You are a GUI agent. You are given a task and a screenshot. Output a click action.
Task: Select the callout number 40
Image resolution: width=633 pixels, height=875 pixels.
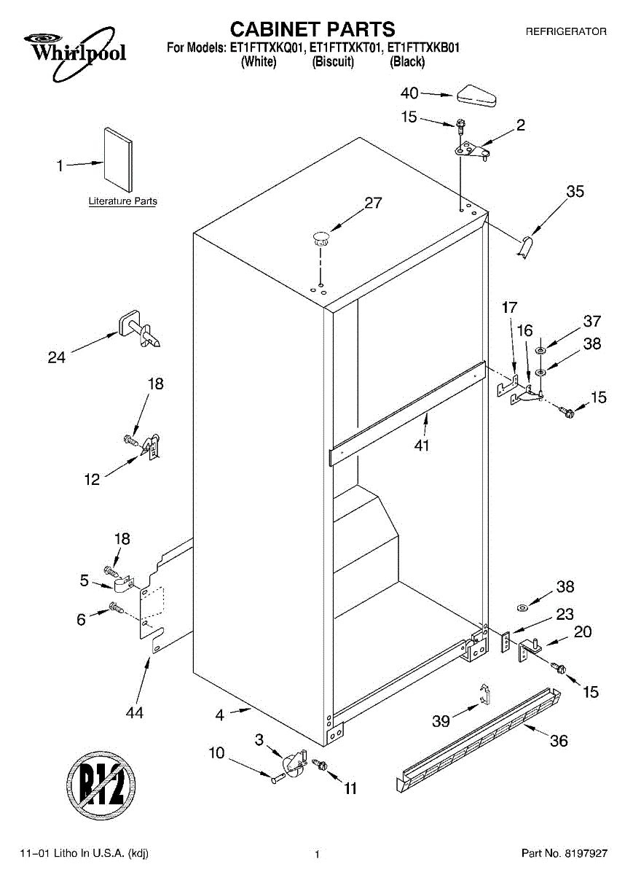pyautogui.click(x=410, y=93)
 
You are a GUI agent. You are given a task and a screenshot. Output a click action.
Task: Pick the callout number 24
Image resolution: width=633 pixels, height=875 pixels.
pyautogui.click(x=56, y=357)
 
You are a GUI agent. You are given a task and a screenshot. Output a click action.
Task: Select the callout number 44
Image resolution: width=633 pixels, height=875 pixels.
pyautogui.click(x=134, y=712)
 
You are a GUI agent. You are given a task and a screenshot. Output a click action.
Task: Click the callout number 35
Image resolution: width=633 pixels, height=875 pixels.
pyautogui.click(x=575, y=192)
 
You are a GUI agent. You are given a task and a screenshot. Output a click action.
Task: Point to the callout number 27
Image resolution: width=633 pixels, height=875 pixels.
pyautogui.click(x=373, y=203)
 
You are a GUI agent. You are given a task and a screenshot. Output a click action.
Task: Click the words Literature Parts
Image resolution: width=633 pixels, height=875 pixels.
pyautogui.click(x=122, y=201)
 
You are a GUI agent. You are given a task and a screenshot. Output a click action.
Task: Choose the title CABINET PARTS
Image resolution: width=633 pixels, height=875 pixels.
pyautogui.click(x=312, y=29)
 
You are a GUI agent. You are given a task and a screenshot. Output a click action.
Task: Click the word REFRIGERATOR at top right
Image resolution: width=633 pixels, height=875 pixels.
pyautogui.click(x=565, y=32)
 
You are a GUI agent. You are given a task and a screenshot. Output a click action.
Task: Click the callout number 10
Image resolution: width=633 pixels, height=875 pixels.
pyautogui.click(x=217, y=753)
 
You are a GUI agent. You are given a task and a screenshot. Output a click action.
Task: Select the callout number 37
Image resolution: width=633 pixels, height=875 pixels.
pyautogui.click(x=591, y=321)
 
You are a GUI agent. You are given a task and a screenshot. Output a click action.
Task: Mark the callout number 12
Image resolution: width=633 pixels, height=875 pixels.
pyautogui.click(x=92, y=479)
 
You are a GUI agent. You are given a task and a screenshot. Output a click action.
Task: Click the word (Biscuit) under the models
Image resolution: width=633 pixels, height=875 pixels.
pyautogui.click(x=333, y=63)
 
